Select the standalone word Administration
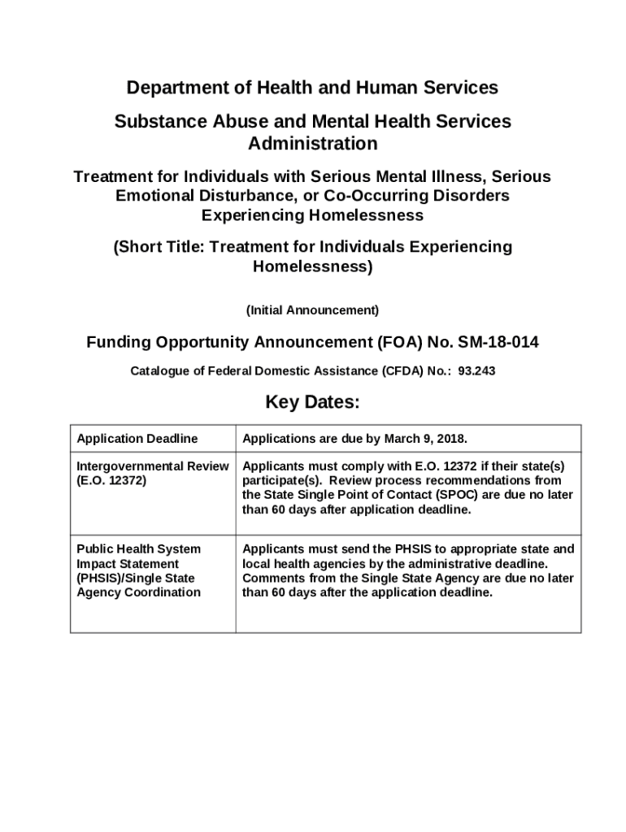click(x=312, y=144)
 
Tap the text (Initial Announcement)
click(x=312, y=310)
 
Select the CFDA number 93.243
click(x=477, y=371)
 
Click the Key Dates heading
click(x=312, y=403)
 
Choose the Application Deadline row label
click(x=137, y=439)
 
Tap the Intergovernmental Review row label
click(x=153, y=466)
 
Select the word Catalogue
click(x=159, y=371)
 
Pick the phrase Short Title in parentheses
click(x=159, y=247)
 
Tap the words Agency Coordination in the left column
click(x=138, y=592)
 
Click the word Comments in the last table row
click(x=272, y=578)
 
